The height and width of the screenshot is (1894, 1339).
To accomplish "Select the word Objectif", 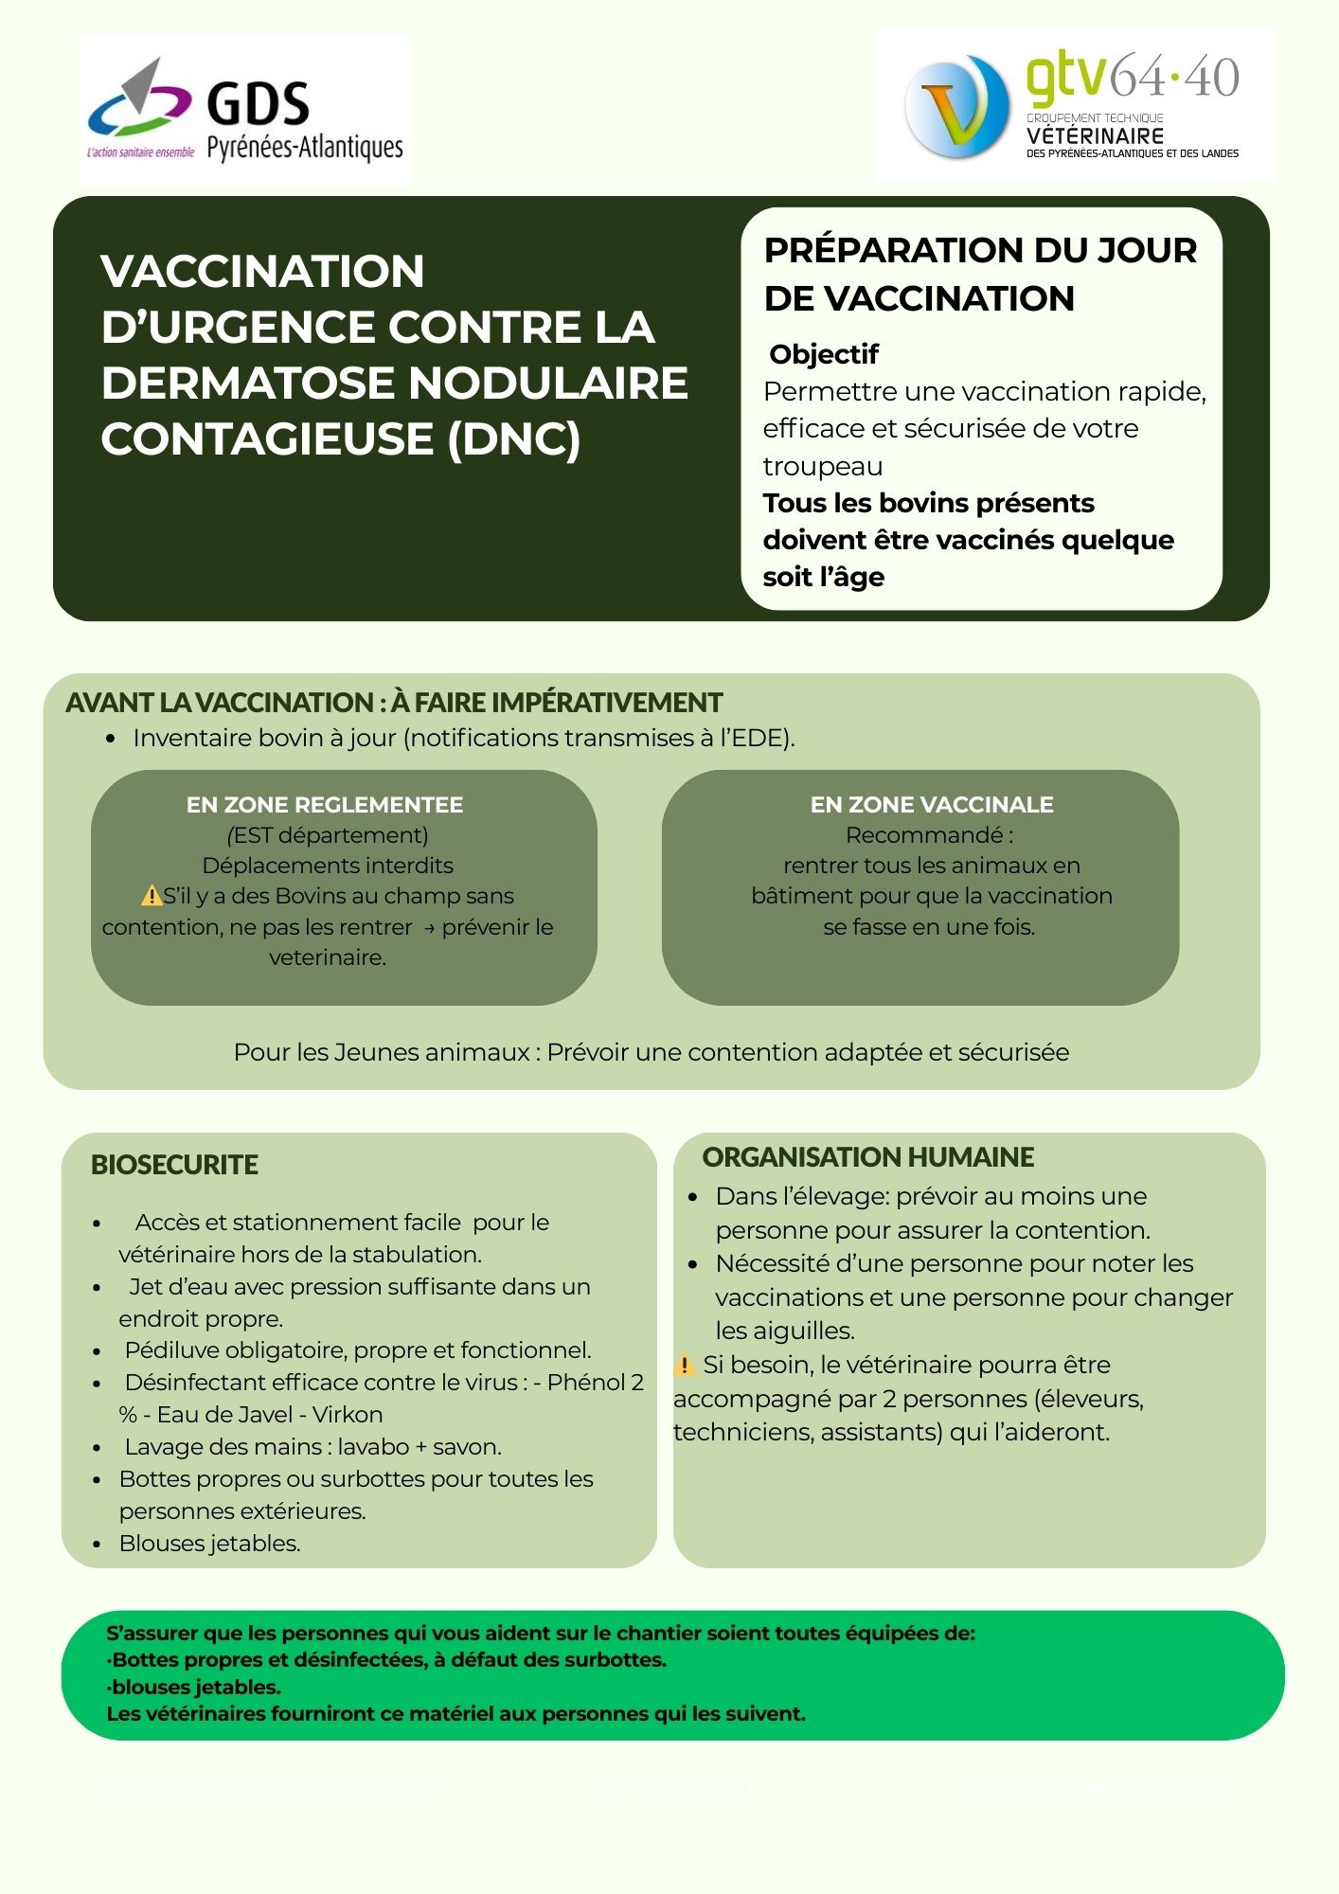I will click(824, 354).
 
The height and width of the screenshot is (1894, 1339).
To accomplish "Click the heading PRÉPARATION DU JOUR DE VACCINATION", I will click(980, 274).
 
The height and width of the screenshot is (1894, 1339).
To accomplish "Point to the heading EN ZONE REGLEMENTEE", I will click(325, 805).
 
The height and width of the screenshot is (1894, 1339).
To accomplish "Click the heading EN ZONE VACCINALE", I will click(932, 805).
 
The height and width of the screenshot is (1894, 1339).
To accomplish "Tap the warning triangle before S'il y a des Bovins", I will click(151, 895).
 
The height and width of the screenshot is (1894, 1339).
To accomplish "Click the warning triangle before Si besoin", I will click(684, 1365).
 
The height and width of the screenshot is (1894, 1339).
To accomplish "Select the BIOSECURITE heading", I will click(174, 1165).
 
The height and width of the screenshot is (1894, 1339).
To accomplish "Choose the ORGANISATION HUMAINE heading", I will click(868, 1157).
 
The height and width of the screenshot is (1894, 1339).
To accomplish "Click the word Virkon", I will click(348, 1415).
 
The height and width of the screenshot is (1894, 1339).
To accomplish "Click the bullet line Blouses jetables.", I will click(209, 1544).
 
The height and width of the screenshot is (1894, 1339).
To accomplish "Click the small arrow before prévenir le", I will click(429, 928).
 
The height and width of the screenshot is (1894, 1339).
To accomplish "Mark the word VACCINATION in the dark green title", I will click(262, 271).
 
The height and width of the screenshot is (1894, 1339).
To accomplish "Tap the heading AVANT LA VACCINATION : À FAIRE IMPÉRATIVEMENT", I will click(394, 703).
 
